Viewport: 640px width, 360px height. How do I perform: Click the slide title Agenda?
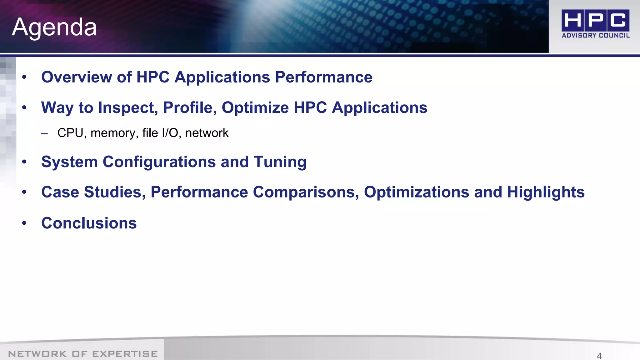[x=54, y=27]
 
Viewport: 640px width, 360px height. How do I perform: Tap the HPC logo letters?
[x=595, y=20]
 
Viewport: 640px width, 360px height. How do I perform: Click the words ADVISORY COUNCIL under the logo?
[x=596, y=36]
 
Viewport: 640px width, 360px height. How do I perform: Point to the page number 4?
[x=599, y=356]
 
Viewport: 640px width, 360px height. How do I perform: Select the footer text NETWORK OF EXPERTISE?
[x=83, y=354]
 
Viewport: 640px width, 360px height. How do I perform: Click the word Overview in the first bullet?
[x=77, y=77]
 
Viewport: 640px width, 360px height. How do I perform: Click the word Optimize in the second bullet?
[x=255, y=108]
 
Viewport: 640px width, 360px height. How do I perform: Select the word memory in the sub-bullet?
[x=114, y=133]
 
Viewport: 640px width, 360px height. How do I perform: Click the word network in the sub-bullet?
[x=207, y=133]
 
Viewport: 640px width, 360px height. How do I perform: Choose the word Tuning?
[x=280, y=162]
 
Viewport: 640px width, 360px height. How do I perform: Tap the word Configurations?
[x=159, y=162]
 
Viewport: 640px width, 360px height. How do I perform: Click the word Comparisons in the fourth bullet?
[x=306, y=192]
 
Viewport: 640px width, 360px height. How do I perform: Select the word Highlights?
[x=546, y=192]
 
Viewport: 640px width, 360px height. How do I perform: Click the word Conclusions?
[x=89, y=223]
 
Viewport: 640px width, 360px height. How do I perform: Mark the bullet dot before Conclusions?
[x=24, y=223]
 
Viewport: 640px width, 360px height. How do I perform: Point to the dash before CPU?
[x=44, y=134]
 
